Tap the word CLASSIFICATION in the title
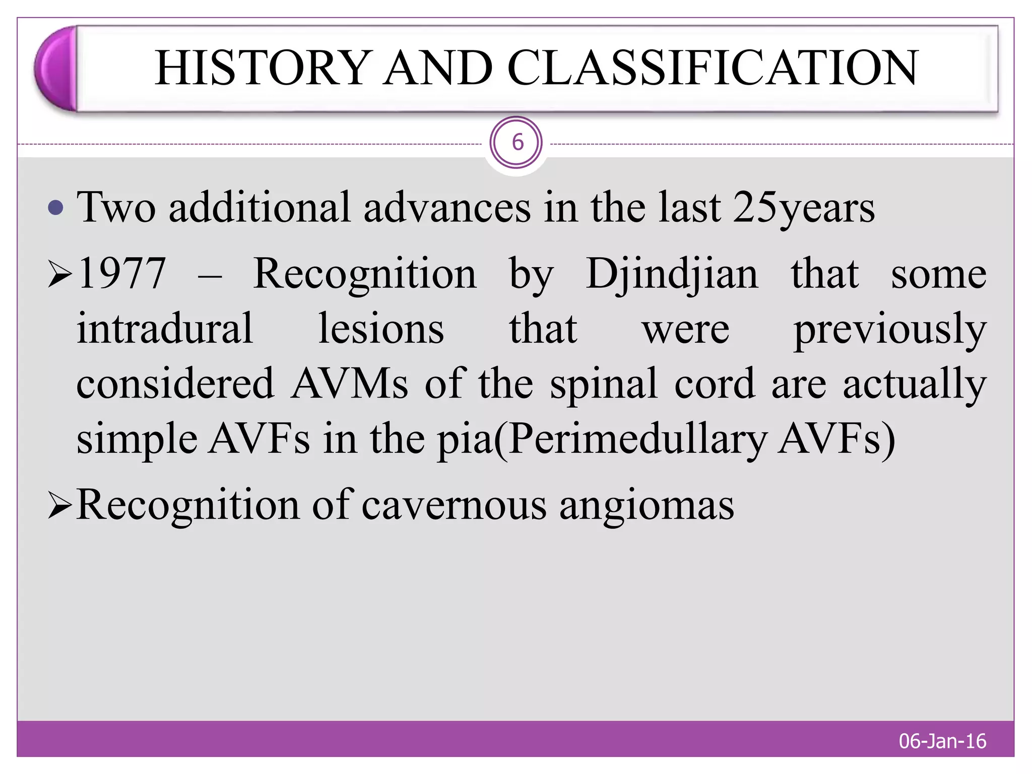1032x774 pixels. click(x=713, y=68)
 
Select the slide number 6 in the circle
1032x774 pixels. click(x=516, y=143)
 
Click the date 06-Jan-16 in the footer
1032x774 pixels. click(x=942, y=741)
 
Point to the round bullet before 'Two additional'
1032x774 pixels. click(x=55, y=208)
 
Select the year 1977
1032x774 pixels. click(x=122, y=274)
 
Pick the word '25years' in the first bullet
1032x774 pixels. click(x=804, y=208)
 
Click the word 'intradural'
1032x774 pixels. click(x=164, y=329)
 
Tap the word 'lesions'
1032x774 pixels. click(x=381, y=329)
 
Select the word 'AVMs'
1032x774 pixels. click(x=349, y=384)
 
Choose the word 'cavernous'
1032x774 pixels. click(x=454, y=505)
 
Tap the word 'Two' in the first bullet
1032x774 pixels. click(x=116, y=208)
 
